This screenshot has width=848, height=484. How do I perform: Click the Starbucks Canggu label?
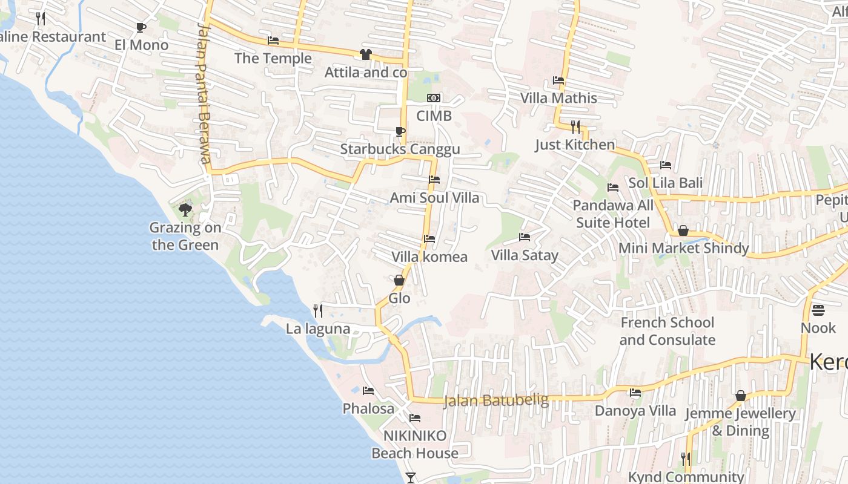pyautogui.click(x=400, y=149)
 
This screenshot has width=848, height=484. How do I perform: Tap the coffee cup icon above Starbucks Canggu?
pyautogui.click(x=400, y=131)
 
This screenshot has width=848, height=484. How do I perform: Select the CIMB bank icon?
pyautogui.click(x=434, y=98)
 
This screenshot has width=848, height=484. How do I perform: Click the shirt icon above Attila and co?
pyautogui.click(x=365, y=54)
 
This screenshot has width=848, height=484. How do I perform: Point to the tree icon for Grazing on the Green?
pyautogui.click(x=185, y=210)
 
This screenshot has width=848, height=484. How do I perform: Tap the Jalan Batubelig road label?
pyautogui.click(x=496, y=401)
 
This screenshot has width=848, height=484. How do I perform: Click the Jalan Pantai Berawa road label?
pyautogui.click(x=204, y=93)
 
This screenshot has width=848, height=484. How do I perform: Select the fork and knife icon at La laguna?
pyautogui.click(x=318, y=311)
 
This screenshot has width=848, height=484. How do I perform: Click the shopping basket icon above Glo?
pyautogui.click(x=399, y=280)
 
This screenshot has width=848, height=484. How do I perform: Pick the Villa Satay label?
pyautogui.click(x=525, y=255)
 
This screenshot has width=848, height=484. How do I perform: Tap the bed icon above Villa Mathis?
pyautogui.click(x=558, y=80)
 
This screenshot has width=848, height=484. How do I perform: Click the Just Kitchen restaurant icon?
pyautogui.click(x=575, y=127)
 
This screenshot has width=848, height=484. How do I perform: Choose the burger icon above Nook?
pyautogui.click(x=818, y=310)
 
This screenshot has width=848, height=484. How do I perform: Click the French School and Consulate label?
pyautogui.click(x=667, y=331)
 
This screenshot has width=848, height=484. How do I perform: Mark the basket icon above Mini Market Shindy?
pyautogui.click(x=683, y=231)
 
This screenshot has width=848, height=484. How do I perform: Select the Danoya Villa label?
pyautogui.click(x=635, y=411)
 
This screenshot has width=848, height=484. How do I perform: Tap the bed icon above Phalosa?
pyautogui.click(x=368, y=391)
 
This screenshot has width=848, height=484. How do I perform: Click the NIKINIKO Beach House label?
pyautogui.click(x=415, y=444)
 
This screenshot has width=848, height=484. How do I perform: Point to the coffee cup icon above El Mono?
pyautogui.click(x=141, y=27)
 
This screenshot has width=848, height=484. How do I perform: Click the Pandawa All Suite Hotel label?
pyautogui.click(x=613, y=214)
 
